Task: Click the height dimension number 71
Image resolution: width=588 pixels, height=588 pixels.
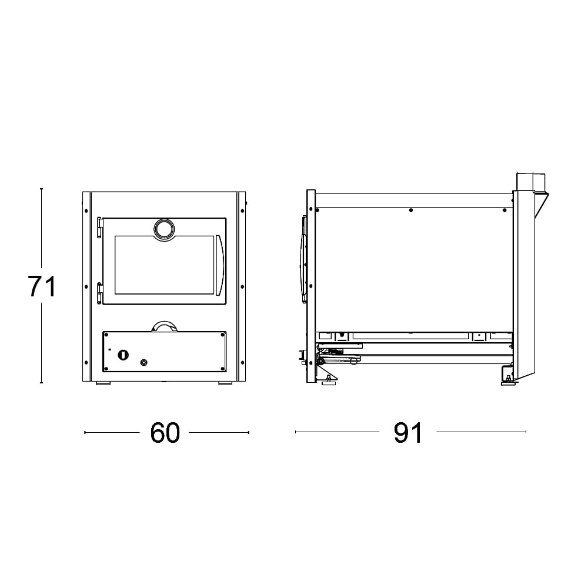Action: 42,287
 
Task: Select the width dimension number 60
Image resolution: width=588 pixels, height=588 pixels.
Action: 165,433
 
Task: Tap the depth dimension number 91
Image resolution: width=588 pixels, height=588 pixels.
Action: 408,433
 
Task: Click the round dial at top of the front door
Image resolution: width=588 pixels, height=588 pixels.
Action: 164,229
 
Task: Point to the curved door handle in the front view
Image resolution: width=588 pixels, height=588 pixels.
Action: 220,265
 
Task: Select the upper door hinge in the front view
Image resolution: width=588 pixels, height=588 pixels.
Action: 99,227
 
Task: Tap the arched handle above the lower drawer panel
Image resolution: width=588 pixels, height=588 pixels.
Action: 164,326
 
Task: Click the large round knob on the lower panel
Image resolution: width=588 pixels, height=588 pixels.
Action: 123,354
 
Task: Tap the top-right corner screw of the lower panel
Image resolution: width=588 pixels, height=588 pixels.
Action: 222,335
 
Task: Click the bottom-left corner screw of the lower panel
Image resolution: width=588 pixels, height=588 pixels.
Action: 106,368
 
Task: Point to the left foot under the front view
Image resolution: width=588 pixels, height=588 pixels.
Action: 103,383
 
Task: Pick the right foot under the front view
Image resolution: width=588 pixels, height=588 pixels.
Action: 225,383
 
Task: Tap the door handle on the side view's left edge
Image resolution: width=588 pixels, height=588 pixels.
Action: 303,259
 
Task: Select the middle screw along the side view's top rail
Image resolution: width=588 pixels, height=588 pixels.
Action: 410,210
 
